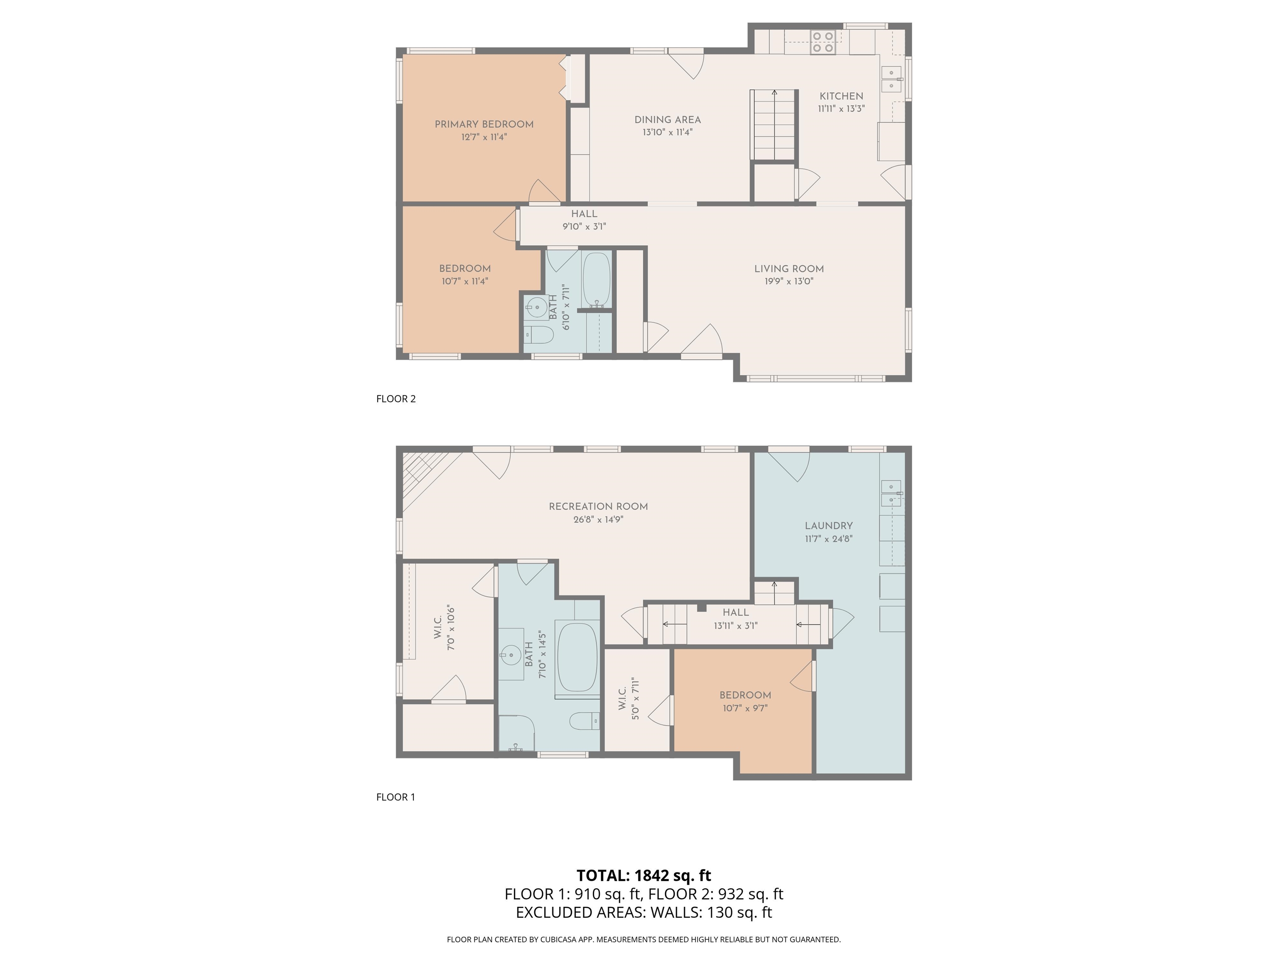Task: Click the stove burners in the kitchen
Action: pyautogui.click(x=823, y=42)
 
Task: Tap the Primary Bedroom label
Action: pyautogui.click(x=484, y=124)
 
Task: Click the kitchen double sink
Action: pyautogui.click(x=891, y=79)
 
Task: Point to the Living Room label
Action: pyautogui.click(x=789, y=269)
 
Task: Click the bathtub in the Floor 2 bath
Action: pyautogui.click(x=596, y=280)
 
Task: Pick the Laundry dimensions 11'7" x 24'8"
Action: pyautogui.click(x=828, y=539)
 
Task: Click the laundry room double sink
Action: pyautogui.click(x=891, y=493)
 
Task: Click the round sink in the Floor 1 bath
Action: pyautogui.click(x=511, y=654)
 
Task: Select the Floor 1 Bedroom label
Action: pyautogui.click(x=745, y=695)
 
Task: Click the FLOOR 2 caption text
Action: pyautogui.click(x=396, y=399)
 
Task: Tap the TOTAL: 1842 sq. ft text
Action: pyautogui.click(x=644, y=876)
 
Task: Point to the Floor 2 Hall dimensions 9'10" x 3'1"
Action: pyautogui.click(x=584, y=226)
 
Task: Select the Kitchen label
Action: pyautogui.click(x=841, y=96)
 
